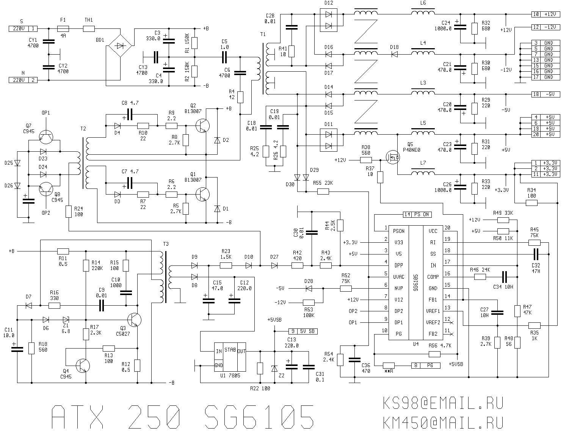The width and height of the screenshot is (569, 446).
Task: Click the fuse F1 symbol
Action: pyautogui.click(x=63, y=28)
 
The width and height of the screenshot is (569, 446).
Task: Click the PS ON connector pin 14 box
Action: pyautogui.click(x=417, y=215)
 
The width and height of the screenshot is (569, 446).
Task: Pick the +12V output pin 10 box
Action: pyautogui.click(x=546, y=14)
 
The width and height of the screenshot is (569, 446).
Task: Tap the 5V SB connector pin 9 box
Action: pyautogui.click(x=303, y=331)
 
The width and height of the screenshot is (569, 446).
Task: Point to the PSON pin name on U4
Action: pyautogui.click(x=398, y=231)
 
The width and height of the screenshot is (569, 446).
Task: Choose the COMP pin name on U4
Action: pyautogui.click(x=433, y=277)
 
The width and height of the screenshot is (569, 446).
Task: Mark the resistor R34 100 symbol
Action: pyautogui.click(x=531, y=203)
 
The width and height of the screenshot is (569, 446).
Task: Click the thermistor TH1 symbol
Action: pyautogui.click(x=89, y=28)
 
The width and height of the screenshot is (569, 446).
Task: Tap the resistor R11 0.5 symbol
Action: pyautogui.click(x=63, y=251)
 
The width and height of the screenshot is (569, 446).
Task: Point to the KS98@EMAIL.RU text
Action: pyautogui.click(x=443, y=404)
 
